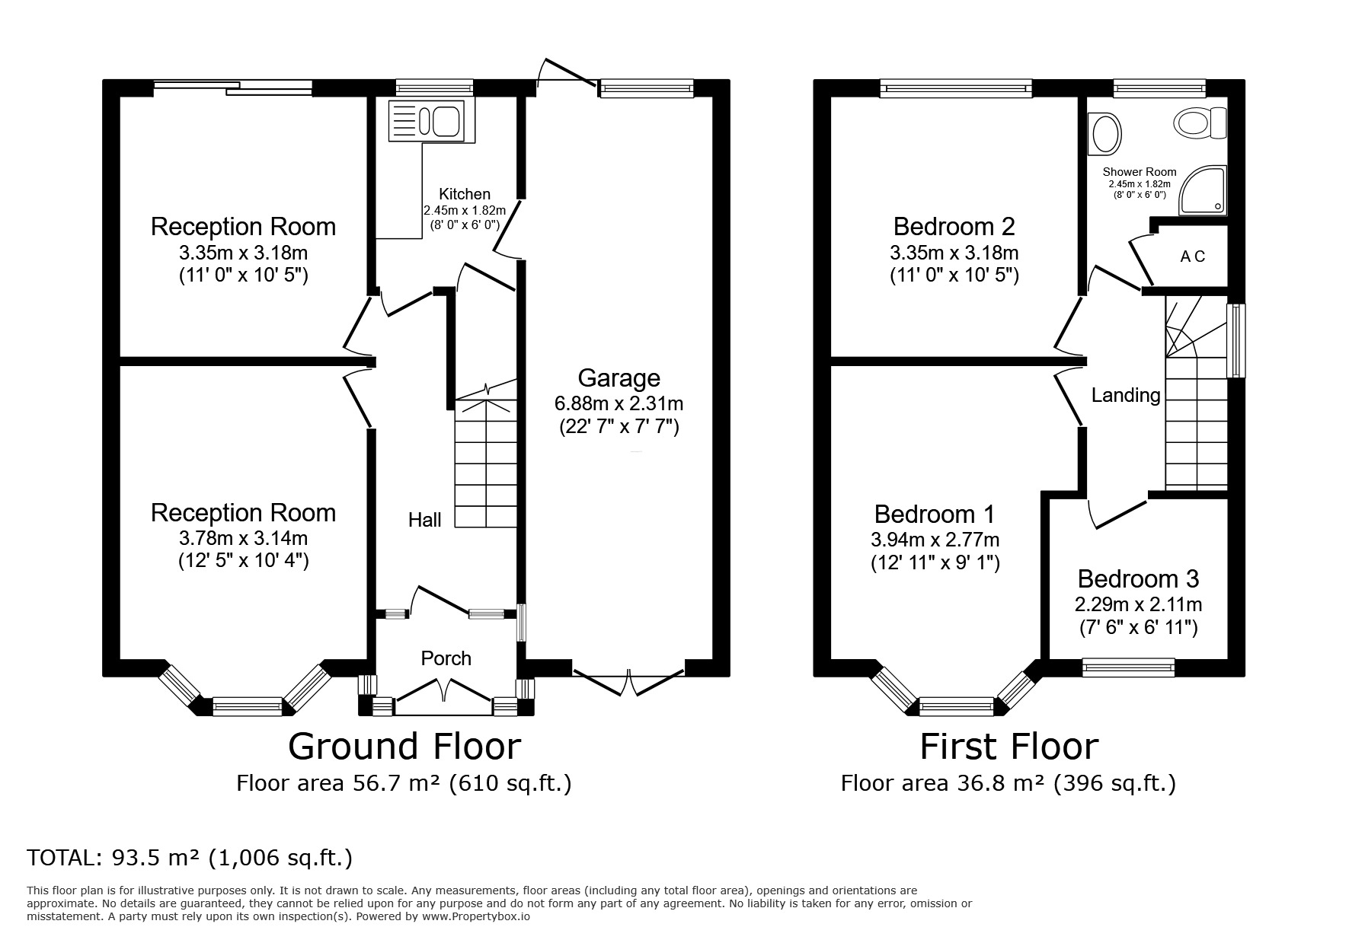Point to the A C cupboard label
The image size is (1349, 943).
click(1193, 257)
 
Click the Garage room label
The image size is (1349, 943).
click(619, 378)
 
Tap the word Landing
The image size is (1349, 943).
click(1126, 395)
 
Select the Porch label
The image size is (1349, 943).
click(446, 658)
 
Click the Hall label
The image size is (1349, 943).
click(424, 520)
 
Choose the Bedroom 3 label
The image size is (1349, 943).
click(1138, 579)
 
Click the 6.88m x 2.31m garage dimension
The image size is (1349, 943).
click(619, 403)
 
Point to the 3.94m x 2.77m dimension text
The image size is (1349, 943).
click(935, 540)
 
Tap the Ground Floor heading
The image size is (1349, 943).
click(404, 747)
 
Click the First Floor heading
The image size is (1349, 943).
click(1009, 747)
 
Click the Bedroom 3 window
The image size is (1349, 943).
click(1128, 668)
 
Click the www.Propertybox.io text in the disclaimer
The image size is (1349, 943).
click(476, 916)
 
